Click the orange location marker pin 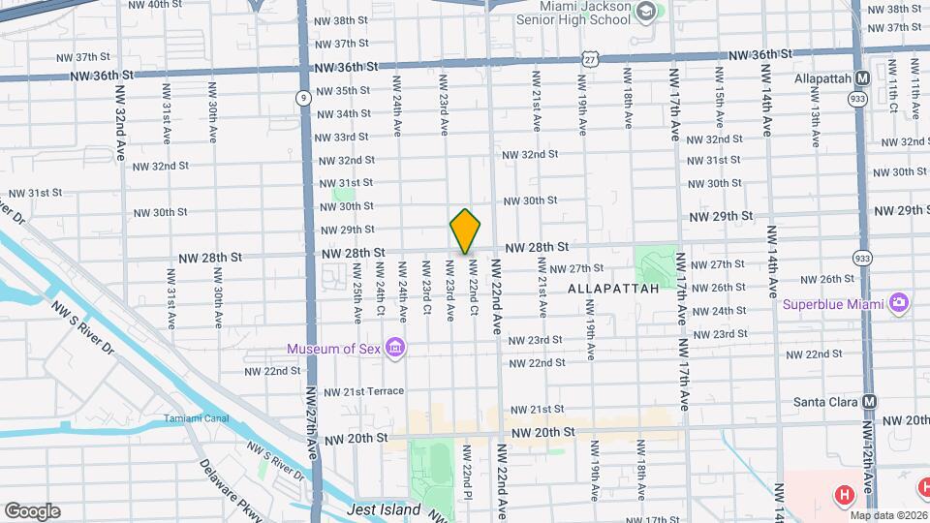click(x=465, y=231)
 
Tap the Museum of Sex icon click(x=394, y=348)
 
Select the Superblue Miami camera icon click(x=898, y=303)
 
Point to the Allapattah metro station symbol click(x=862, y=77)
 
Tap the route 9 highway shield click(x=304, y=97)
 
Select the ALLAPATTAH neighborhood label click(x=613, y=289)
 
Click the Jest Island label click(x=385, y=510)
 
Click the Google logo click(x=32, y=511)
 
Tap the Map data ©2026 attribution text click(x=886, y=515)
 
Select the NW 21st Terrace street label click(x=363, y=391)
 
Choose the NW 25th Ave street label click(x=357, y=302)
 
